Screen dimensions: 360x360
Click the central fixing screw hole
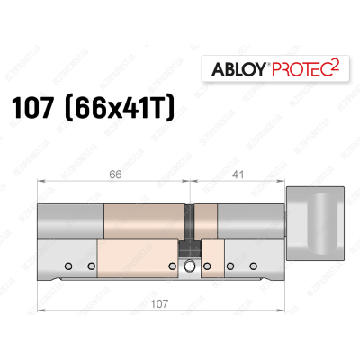pos(190,265)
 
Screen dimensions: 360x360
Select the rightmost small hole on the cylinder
pos(256,265)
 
